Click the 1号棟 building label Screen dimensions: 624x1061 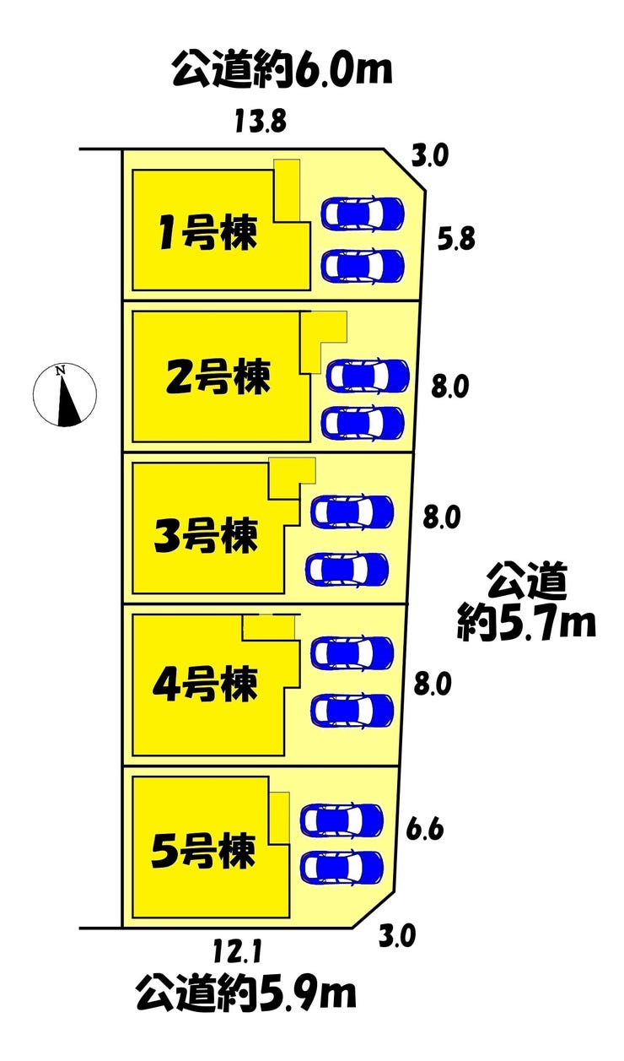tap(207, 233)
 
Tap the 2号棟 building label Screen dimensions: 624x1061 tap(218, 376)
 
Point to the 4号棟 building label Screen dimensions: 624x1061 tap(205, 684)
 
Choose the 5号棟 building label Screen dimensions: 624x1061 tap(203, 851)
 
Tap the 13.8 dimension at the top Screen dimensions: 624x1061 tap(261, 122)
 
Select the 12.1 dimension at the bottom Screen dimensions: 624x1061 tap(237, 951)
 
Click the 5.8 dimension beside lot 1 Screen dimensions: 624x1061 tap(456, 239)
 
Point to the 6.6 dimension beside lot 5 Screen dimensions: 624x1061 tap(424, 828)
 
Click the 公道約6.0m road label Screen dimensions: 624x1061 tap(282, 71)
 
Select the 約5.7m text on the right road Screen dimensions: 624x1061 tap(526, 621)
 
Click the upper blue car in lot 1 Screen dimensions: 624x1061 tap(363, 214)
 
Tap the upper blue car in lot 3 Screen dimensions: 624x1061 tap(352, 512)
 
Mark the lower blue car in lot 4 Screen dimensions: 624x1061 tap(352, 711)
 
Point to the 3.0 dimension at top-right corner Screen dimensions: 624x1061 tap(429, 156)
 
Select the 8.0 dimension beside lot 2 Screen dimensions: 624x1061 tap(449, 387)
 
